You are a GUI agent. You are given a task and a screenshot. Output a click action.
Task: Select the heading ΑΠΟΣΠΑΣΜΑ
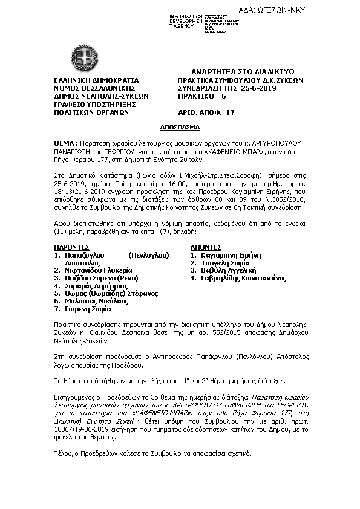(180, 129)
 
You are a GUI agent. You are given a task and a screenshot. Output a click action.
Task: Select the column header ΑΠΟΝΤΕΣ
(207, 247)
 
